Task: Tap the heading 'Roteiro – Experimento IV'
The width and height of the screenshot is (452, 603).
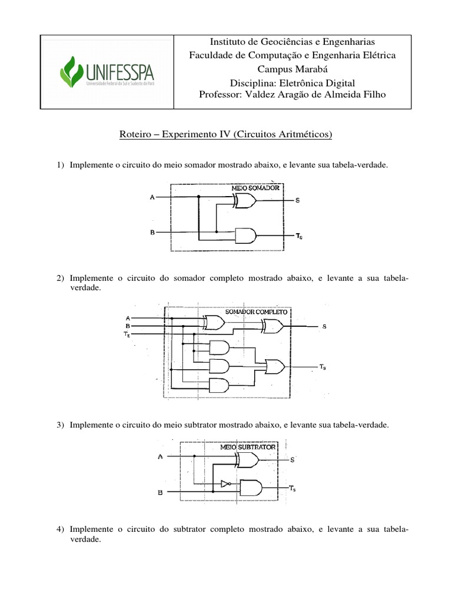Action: (x=225, y=135)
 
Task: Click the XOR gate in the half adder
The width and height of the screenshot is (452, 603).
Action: (x=244, y=202)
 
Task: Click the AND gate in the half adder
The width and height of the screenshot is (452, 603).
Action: (x=245, y=236)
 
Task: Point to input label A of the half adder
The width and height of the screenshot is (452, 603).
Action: (x=152, y=197)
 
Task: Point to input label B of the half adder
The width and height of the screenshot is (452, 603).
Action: (x=152, y=233)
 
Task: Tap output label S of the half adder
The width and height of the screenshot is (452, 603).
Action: (x=297, y=201)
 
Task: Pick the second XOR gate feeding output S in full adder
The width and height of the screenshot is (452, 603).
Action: (x=274, y=326)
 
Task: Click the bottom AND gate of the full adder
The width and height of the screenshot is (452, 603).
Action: (x=219, y=386)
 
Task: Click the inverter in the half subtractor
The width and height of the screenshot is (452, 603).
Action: (x=225, y=484)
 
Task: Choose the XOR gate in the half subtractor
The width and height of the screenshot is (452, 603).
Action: (x=246, y=459)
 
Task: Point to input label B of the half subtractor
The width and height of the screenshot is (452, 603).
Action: (x=160, y=493)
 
